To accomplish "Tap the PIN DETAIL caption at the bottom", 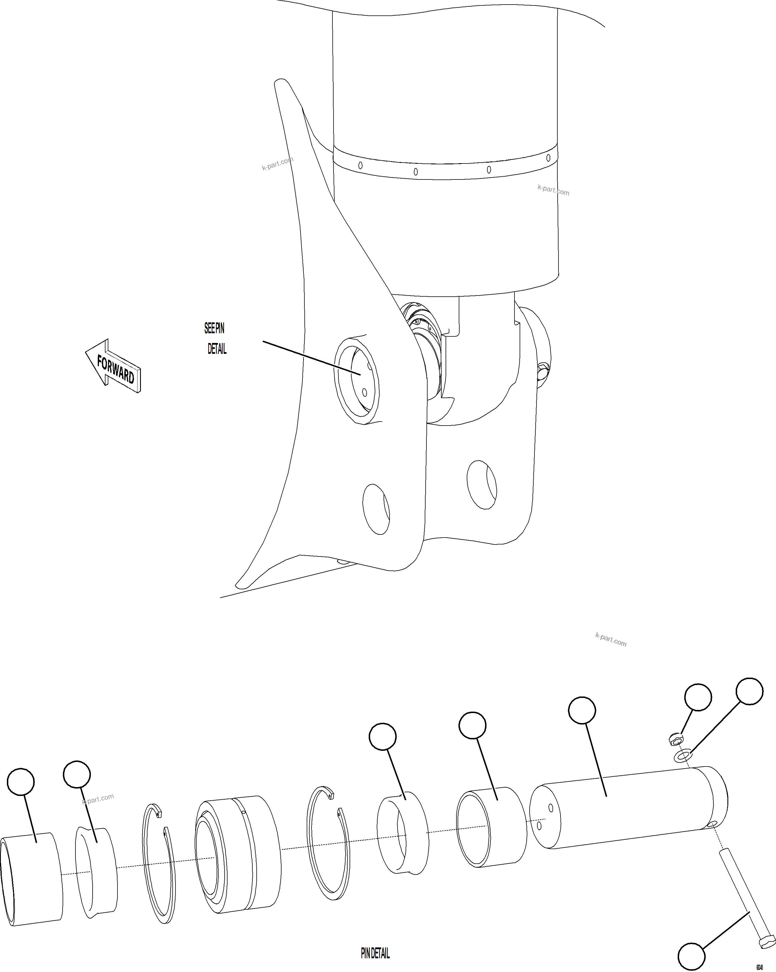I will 375,953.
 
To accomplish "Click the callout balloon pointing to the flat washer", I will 749,691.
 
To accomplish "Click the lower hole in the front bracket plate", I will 376,509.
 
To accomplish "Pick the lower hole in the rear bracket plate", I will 482,485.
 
